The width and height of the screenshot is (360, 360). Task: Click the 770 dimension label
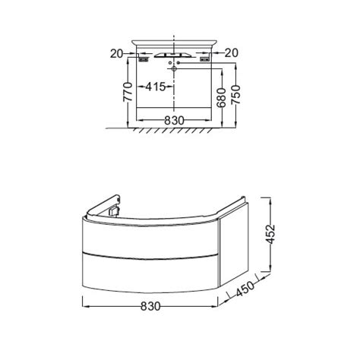(x=128, y=92)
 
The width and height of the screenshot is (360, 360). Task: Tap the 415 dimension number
(x=156, y=87)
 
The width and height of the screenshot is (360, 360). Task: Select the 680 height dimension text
(x=222, y=98)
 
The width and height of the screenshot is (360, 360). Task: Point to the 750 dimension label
(x=235, y=95)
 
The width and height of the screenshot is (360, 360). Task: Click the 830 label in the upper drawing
(x=174, y=121)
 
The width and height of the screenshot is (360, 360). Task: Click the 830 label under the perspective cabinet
(x=150, y=306)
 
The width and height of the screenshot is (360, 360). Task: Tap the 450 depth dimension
(x=245, y=289)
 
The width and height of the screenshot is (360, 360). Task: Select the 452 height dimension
(x=270, y=234)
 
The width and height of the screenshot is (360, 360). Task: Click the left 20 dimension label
(x=116, y=53)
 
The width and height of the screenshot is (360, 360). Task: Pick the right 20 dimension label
(x=232, y=53)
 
